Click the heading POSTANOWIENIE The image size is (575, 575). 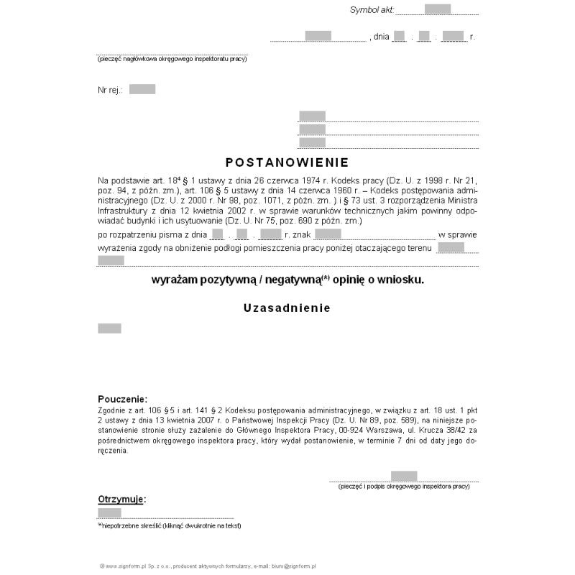(x=287, y=162)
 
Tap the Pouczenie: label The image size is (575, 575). (x=122, y=399)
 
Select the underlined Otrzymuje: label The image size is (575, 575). (x=121, y=498)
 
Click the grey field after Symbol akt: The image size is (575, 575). (x=438, y=9)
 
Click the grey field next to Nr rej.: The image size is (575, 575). (x=142, y=89)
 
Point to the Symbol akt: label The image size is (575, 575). (x=371, y=9)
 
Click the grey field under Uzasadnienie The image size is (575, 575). (x=109, y=328)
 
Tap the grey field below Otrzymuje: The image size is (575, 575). (x=109, y=512)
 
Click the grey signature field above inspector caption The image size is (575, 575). (x=404, y=475)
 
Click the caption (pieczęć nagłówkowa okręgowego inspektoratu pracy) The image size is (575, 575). (x=172, y=59)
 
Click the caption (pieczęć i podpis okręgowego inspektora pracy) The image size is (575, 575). (x=404, y=487)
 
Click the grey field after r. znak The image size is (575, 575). (x=328, y=234)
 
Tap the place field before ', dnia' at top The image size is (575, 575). (x=318, y=35)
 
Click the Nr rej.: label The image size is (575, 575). (x=110, y=90)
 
